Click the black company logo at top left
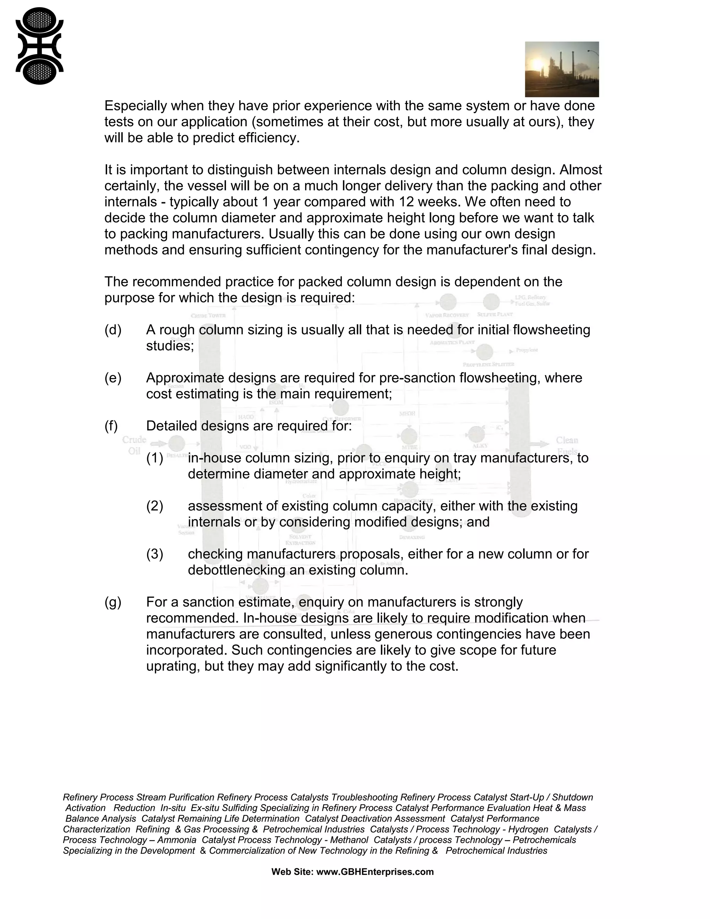40,46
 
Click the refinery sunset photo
562,69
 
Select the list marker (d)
113,330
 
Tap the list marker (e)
113,378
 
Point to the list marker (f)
111,426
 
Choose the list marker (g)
113,602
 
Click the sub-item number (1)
154,458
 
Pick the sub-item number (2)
154,506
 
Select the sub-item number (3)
154,554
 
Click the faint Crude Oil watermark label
134,445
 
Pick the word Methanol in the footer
349,840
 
